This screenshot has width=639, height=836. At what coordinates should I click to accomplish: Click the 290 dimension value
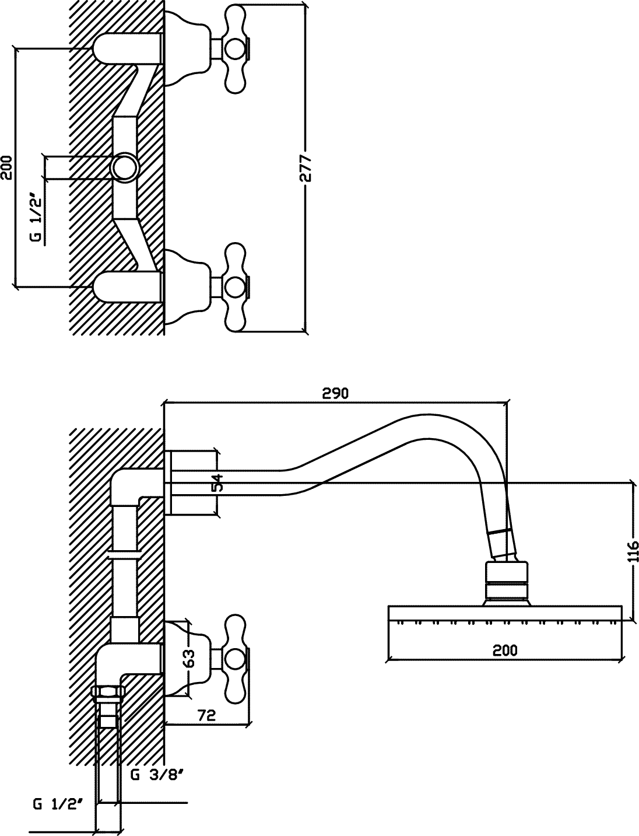click(x=335, y=393)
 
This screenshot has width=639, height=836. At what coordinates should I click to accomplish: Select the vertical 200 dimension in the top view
click(x=6, y=167)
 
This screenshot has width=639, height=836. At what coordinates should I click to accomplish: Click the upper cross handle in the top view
click(x=236, y=49)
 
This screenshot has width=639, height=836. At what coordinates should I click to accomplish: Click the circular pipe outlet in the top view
click(x=124, y=167)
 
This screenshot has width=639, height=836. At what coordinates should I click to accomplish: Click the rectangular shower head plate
click(x=505, y=614)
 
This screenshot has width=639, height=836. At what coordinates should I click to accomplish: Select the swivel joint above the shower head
click(x=507, y=580)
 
